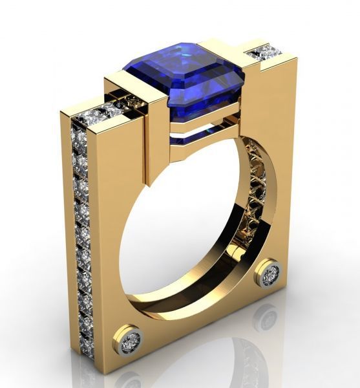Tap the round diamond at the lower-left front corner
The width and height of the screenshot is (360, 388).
pos(132,339)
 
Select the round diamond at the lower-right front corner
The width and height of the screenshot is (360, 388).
pos(269,274)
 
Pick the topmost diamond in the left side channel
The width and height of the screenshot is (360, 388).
pos(80,138)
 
